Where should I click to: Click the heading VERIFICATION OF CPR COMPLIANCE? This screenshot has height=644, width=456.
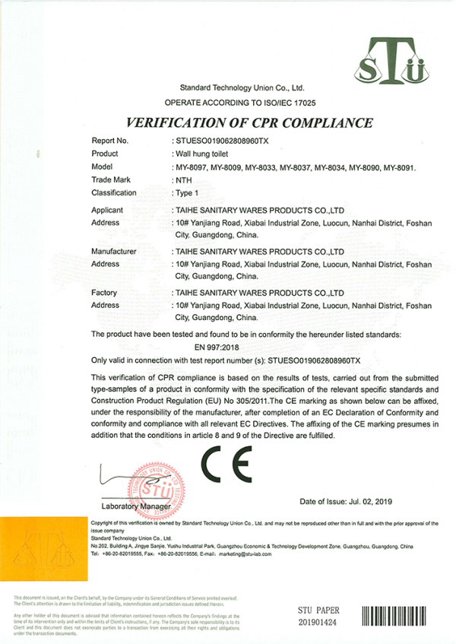(249, 122)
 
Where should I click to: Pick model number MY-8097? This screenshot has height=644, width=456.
(190, 167)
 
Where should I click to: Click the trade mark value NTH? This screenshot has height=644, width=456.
(183, 179)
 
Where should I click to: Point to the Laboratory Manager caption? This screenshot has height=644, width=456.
(136, 506)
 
